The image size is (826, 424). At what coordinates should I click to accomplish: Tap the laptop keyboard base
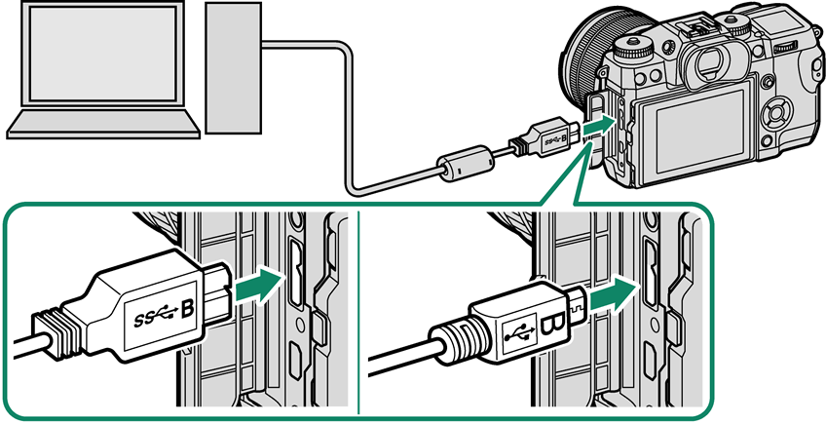pyautogui.click(x=103, y=125)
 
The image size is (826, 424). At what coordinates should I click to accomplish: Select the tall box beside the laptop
pyautogui.click(x=234, y=67)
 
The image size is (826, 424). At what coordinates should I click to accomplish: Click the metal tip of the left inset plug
pyautogui.click(x=216, y=291)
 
